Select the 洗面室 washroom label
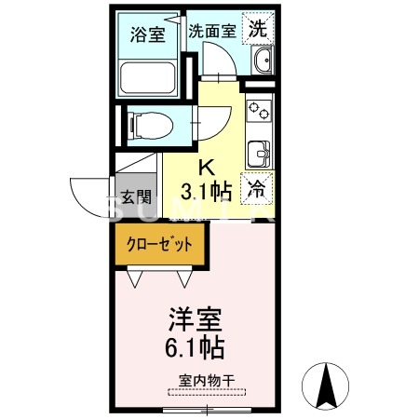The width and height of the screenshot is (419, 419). tap(212, 29)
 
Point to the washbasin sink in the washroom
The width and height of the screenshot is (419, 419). tap(261, 63)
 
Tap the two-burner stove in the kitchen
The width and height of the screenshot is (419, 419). tap(258, 113)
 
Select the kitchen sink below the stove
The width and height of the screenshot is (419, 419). tap(258, 150)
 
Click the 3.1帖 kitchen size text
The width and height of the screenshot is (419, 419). tap(206, 193)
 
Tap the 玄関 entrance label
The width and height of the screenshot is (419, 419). tap(136, 198)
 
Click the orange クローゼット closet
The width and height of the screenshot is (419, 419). tap(159, 246)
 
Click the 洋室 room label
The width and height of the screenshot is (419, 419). tap(194, 320)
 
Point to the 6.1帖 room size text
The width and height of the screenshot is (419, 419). tap(194, 349)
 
